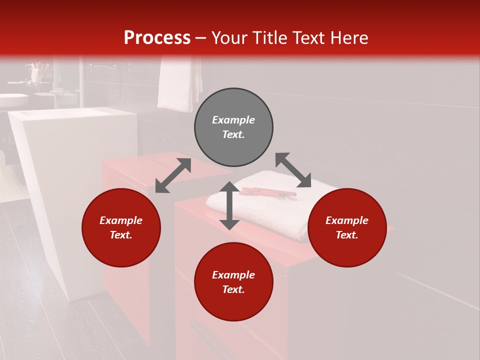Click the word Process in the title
point(157,38)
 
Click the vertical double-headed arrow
point(229,205)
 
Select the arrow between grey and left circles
point(173,175)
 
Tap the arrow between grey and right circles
point(293,170)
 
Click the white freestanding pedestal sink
point(75,190)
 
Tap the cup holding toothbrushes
point(35,74)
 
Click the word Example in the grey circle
point(233,120)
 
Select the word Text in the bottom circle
point(233,289)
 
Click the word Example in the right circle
point(347,220)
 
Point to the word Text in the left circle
point(121,235)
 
